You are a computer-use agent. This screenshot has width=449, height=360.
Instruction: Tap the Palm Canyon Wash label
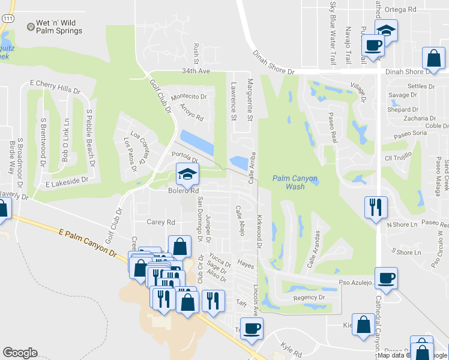pyautogui.click(x=297, y=182)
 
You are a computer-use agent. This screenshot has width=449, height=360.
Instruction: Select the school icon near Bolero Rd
pyautogui.click(x=187, y=175)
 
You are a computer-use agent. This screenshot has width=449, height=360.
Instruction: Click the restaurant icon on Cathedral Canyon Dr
pyautogui.click(x=376, y=207)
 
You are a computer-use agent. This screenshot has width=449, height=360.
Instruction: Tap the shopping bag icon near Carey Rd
pyautogui.click(x=180, y=245)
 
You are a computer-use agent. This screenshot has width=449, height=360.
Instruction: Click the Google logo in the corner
pyautogui.click(x=20, y=353)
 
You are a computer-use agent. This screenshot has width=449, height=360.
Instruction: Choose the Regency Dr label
pyautogui.click(x=309, y=298)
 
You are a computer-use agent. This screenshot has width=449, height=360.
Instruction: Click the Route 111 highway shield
pyautogui.click(x=7, y=19)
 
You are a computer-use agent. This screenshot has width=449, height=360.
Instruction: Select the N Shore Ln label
pyautogui.click(x=402, y=225)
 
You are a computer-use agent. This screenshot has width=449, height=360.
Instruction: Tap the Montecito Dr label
pyautogui.click(x=189, y=96)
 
